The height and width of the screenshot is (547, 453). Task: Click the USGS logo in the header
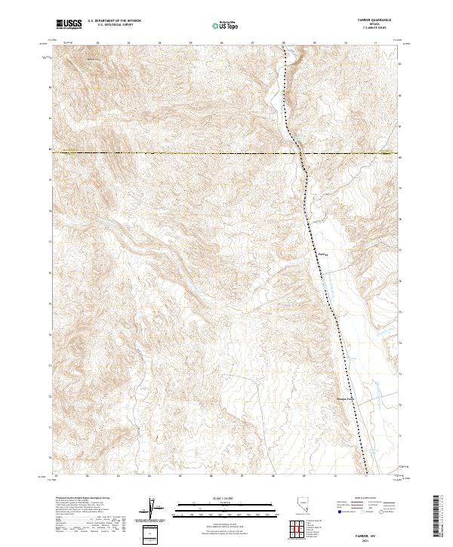(69, 25)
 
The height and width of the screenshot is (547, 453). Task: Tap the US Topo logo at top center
(225, 26)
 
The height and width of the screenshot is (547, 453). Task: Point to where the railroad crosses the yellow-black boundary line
(300, 153)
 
